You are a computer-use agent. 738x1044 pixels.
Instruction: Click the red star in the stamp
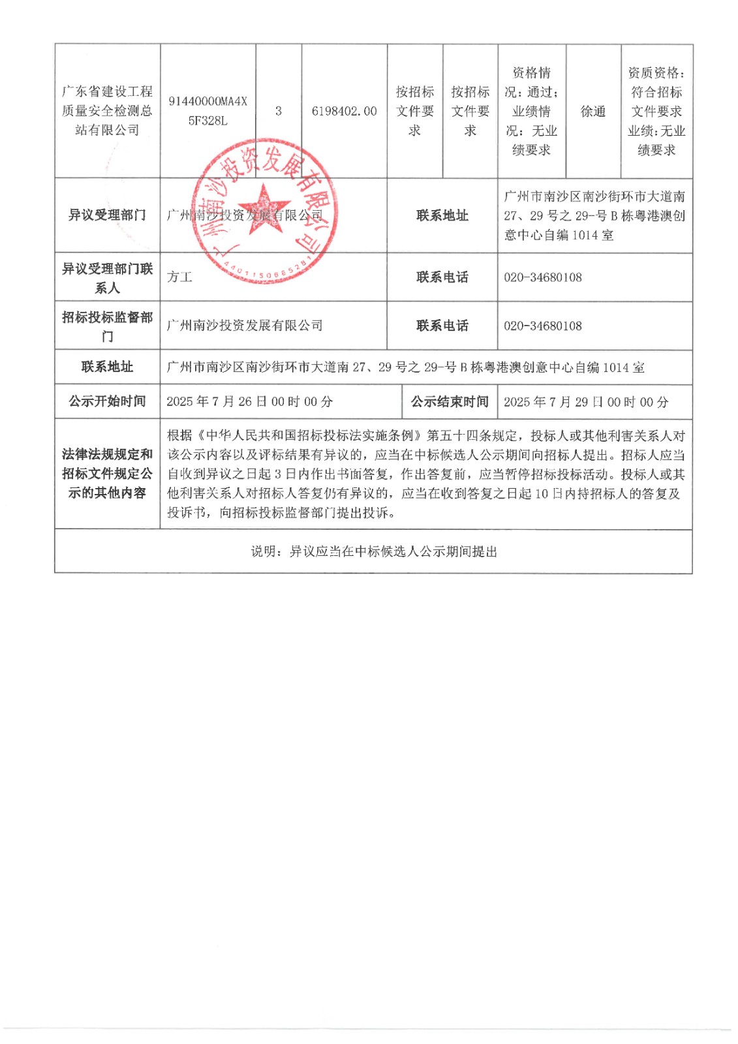tap(264, 208)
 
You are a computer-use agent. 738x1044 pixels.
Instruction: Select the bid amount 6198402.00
tap(344, 111)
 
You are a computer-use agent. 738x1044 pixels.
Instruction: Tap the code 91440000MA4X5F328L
tap(208, 111)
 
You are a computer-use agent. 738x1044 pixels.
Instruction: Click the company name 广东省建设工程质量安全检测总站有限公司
tap(107, 111)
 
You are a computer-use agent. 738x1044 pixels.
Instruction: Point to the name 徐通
tap(592, 112)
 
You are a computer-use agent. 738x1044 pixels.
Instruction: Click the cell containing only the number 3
tap(279, 111)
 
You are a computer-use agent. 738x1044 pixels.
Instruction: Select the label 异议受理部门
tap(107, 215)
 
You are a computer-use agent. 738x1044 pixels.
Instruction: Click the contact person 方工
tap(179, 277)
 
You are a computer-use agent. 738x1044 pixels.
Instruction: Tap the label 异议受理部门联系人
tap(107, 278)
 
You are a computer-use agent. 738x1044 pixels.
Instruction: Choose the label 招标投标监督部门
tap(107, 326)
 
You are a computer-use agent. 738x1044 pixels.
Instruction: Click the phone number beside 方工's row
tap(542, 277)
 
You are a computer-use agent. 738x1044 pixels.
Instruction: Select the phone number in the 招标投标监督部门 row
tap(542, 326)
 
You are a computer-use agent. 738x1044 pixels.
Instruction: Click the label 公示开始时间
tap(107, 401)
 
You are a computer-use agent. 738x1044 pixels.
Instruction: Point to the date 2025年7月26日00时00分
tap(249, 401)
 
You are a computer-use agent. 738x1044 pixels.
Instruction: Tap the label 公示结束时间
tap(449, 401)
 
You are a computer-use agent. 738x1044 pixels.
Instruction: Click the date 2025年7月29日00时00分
tap(585, 402)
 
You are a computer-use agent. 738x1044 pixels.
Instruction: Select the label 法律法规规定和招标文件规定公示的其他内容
tap(107, 474)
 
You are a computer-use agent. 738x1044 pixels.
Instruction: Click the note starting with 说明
tap(374, 552)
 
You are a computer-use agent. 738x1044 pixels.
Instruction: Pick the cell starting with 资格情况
tap(531, 111)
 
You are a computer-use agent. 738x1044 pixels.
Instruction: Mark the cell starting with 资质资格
tap(656, 111)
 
